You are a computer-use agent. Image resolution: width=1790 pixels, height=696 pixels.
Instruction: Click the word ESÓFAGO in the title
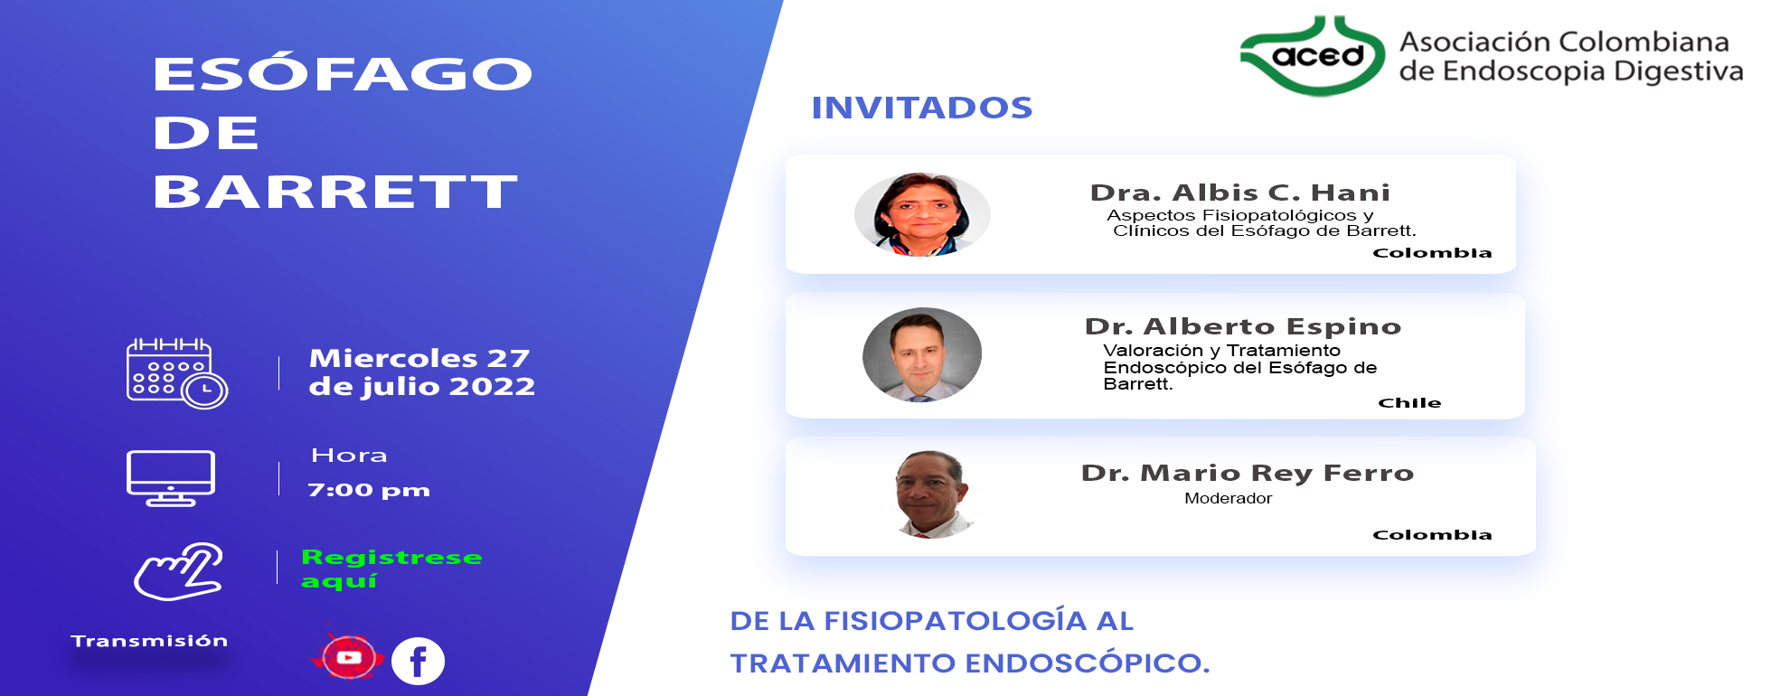point(343,72)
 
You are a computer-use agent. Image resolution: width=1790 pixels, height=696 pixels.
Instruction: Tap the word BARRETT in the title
point(335,192)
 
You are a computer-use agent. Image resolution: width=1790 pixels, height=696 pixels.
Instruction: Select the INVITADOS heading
point(922,108)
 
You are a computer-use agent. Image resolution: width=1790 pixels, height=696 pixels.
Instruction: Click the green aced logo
point(1313,56)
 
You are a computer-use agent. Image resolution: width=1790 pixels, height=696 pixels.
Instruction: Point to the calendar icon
point(176,373)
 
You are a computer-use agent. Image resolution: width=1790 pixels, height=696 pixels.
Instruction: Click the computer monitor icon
point(171,478)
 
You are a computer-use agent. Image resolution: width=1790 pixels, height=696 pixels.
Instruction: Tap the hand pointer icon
point(179,571)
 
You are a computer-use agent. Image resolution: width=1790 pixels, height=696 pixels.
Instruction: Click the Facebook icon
point(418,661)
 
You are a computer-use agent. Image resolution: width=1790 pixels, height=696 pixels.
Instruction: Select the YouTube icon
point(349,657)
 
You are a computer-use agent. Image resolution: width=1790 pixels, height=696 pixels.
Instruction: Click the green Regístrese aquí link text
point(391,569)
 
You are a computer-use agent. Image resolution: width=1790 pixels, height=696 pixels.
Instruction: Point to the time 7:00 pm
point(369,490)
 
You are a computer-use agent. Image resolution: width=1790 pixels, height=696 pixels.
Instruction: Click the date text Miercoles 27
point(419,358)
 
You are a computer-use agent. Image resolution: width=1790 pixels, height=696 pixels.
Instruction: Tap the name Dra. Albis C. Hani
point(1240,193)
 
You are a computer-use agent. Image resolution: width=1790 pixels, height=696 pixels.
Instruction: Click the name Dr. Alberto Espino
point(1243,326)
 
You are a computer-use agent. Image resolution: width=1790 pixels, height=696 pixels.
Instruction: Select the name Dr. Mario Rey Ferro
point(1248,473)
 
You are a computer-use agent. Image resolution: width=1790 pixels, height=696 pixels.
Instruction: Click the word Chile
point(1409,403)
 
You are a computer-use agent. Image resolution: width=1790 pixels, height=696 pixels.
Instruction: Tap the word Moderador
point(1229,498)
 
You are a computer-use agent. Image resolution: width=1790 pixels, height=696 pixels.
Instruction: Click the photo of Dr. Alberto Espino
point(922,354)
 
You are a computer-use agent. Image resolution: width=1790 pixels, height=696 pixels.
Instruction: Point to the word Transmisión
point(149,641)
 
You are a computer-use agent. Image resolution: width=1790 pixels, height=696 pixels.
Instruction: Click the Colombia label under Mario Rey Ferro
point(1432,535)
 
